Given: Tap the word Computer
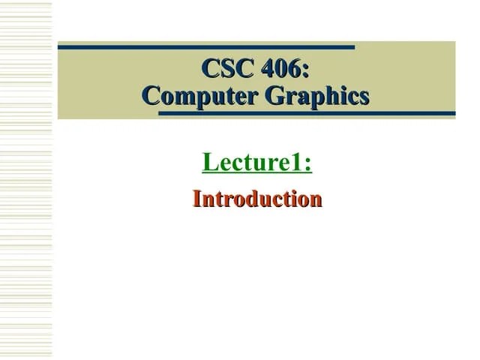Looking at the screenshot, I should (x=193, y=96).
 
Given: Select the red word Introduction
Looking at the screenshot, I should (x=257, y=199).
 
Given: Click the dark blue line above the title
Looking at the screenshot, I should (x=206, y=47).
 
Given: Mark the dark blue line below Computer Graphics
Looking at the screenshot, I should (x=307, y=114).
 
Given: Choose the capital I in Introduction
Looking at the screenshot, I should (x=198, y=199).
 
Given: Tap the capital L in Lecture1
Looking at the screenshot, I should (x=209, y=161).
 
